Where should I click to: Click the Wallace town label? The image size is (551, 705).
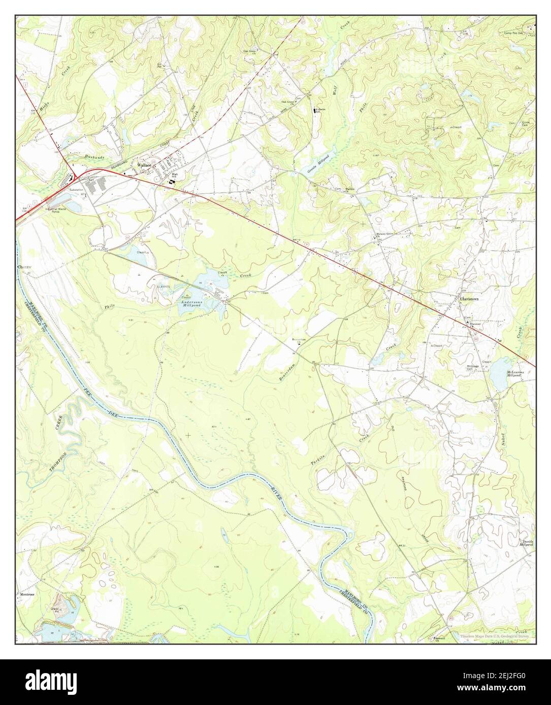[142, 166]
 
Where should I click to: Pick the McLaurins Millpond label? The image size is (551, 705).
[517, 374]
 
